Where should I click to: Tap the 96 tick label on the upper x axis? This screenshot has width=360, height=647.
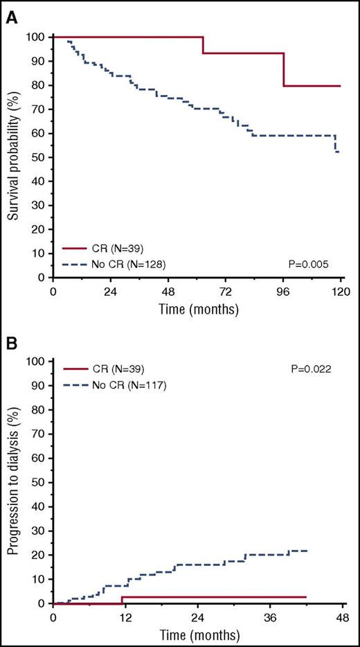[283, 290]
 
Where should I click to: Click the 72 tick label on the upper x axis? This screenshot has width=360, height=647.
[226, 290]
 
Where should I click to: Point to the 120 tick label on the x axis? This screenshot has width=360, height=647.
[339, 290]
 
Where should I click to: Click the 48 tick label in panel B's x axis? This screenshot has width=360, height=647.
[340, 617]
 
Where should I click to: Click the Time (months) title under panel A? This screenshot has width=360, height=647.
[197, 308]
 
